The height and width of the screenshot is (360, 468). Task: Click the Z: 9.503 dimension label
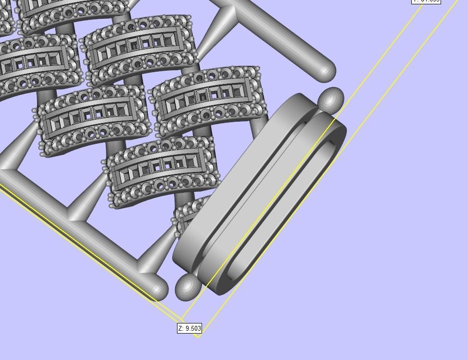click(190, 328)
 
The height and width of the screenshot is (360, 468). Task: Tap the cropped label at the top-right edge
click(426, 1)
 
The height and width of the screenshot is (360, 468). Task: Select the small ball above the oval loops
click(330, 99)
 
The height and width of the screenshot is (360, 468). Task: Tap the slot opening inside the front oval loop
click(284, 207)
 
